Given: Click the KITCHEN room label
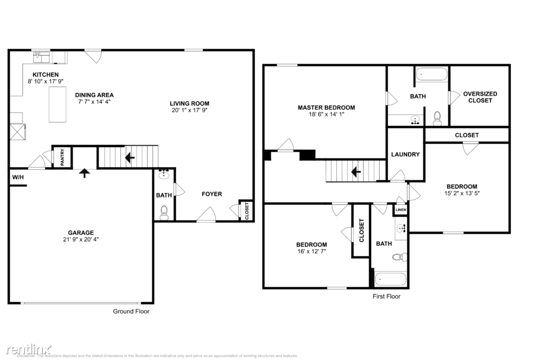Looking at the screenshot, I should (x=46, y=74).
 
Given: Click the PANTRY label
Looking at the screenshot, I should (x=62, y=157).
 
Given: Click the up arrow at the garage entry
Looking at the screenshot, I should (x=84, y=173).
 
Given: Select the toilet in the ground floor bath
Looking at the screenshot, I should (x=164, y=211).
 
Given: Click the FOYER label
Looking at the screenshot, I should (x=212, y=194).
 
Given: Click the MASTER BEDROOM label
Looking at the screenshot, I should (x=326, y=107).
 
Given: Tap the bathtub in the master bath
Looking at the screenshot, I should (x=431, y=74).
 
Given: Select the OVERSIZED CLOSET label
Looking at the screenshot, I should (x=480, y=97).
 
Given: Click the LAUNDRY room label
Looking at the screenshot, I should (x=405, y=154).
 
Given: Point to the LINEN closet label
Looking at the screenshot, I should (x=400, y=210).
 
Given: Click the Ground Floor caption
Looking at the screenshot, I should (x=131, y=311).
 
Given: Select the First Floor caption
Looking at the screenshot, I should (x=386, y=296).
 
